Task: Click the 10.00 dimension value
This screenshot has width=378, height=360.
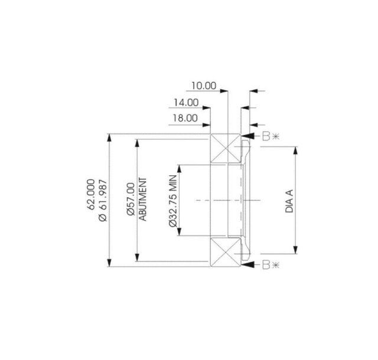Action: [203, 86]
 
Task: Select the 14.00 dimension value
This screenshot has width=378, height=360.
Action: [186, 102]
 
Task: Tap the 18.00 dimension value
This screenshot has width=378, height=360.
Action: [184, 118]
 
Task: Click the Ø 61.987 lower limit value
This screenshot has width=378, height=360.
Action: [102, 200]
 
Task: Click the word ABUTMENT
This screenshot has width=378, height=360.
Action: [142, 200]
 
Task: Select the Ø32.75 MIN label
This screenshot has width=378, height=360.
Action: [172, 201]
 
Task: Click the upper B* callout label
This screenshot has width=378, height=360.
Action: [271, 137]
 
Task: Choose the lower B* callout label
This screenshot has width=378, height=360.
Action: [271, 265]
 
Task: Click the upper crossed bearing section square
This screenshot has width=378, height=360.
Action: [225, 148]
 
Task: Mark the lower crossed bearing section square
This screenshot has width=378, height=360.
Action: [225, 253]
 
